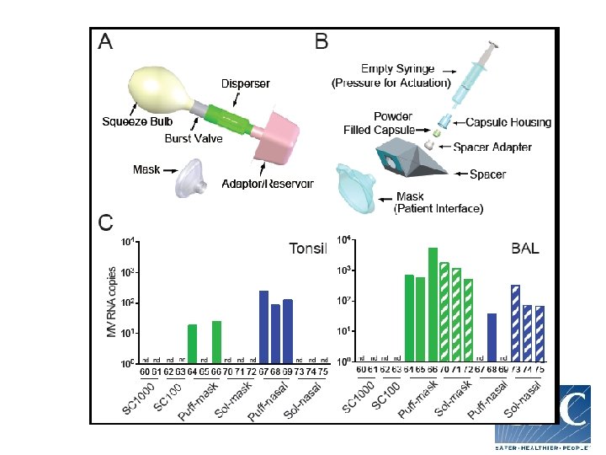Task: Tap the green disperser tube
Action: [x=225, y=115]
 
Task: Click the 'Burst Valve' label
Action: [x=194, y=138]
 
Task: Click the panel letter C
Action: [x=106, y=222]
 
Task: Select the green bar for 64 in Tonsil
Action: [x=193, y=344]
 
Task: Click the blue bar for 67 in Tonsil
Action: [x=263, y=327]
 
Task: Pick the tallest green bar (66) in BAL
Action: [x=433, y=305]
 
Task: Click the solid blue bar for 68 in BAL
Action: [x=492, y=338]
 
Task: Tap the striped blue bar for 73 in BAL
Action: [x=515, y=324]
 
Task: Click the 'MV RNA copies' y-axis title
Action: [x=112, y=304]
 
